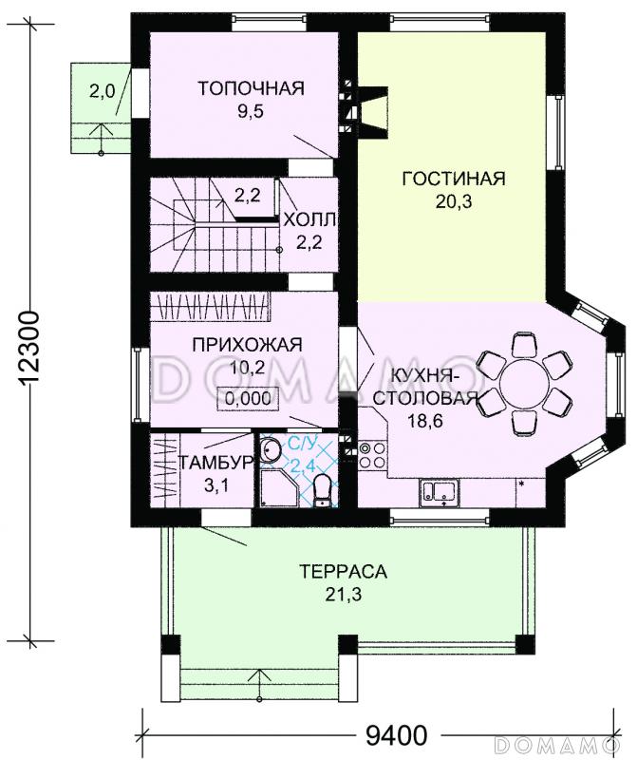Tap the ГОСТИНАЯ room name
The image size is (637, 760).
click(x=453, y=178)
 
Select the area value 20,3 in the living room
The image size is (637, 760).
click(x=453, y=200)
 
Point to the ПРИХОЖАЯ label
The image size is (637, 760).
click(x=247, y=344)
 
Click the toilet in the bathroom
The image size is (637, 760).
click(x=323, y=489)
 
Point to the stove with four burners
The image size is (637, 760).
click(x=370, y=456)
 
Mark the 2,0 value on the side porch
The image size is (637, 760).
click(x=102, y=92)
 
